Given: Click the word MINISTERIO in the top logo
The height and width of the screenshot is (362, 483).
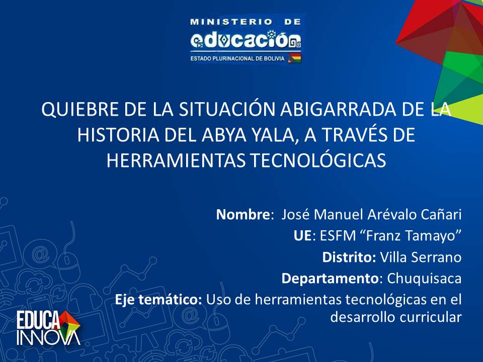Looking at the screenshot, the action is click(231, 22).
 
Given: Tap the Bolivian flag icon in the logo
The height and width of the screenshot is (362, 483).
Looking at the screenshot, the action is click(294, 58).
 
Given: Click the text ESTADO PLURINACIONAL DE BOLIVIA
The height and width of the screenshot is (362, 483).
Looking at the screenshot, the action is click(237, 58).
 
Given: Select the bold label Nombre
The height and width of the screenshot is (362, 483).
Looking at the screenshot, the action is click(243, 214).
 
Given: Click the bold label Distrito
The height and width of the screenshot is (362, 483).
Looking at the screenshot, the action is click(349, 257).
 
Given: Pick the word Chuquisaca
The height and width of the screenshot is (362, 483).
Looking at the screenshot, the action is click(424, 279).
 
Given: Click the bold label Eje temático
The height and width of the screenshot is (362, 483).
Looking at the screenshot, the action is click(158, 300).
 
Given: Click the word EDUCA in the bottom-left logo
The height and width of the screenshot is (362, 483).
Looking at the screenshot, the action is click(38, 320).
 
